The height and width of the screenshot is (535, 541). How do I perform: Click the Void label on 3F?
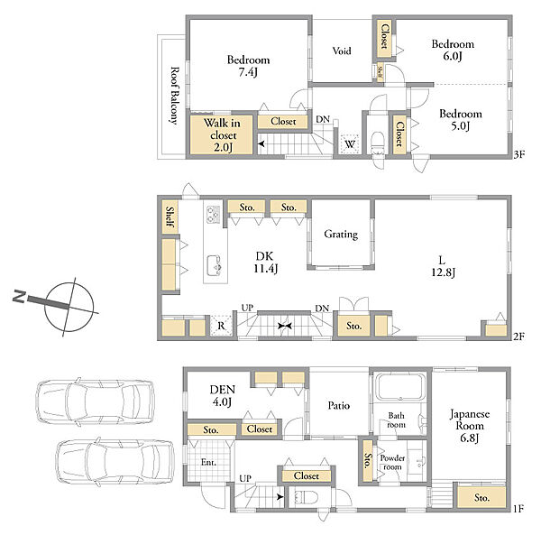click(x=342, y=51)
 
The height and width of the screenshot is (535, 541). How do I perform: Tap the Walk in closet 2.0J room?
click(x=222, y=134)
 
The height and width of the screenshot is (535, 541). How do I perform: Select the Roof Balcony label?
click(x=175, y=96)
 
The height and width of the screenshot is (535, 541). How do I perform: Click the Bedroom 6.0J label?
click(x=453, y=50)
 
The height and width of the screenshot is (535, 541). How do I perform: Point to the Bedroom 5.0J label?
click(x=460, y=119)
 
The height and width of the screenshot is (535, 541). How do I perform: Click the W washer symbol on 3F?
click(x=350, y=143)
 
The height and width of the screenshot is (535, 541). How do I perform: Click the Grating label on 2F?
click(x=341, y=235)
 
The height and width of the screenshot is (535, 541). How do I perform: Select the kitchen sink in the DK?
click(x=214, y=266)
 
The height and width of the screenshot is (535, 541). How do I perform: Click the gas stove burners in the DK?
click(x=213, y=215)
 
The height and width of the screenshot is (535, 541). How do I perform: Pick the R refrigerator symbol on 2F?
click(x=221, y=326)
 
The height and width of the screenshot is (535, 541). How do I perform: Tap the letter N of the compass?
click(x=19, y=297)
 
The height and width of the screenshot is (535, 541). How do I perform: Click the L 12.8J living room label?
click(x=443, y=266)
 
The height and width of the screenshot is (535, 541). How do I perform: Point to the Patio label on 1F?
click(x=338, y=405)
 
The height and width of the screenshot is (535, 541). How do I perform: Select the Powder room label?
click(x=392, y=462)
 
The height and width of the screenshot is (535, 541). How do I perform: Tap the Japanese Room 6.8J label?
click(x=470, y=426)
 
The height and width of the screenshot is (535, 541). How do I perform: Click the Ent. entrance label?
click(x=208, y=462)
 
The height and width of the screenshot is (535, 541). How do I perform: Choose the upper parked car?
click(x=96, y=401)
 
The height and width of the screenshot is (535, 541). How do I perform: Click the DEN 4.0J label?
click(x=223, y=395)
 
